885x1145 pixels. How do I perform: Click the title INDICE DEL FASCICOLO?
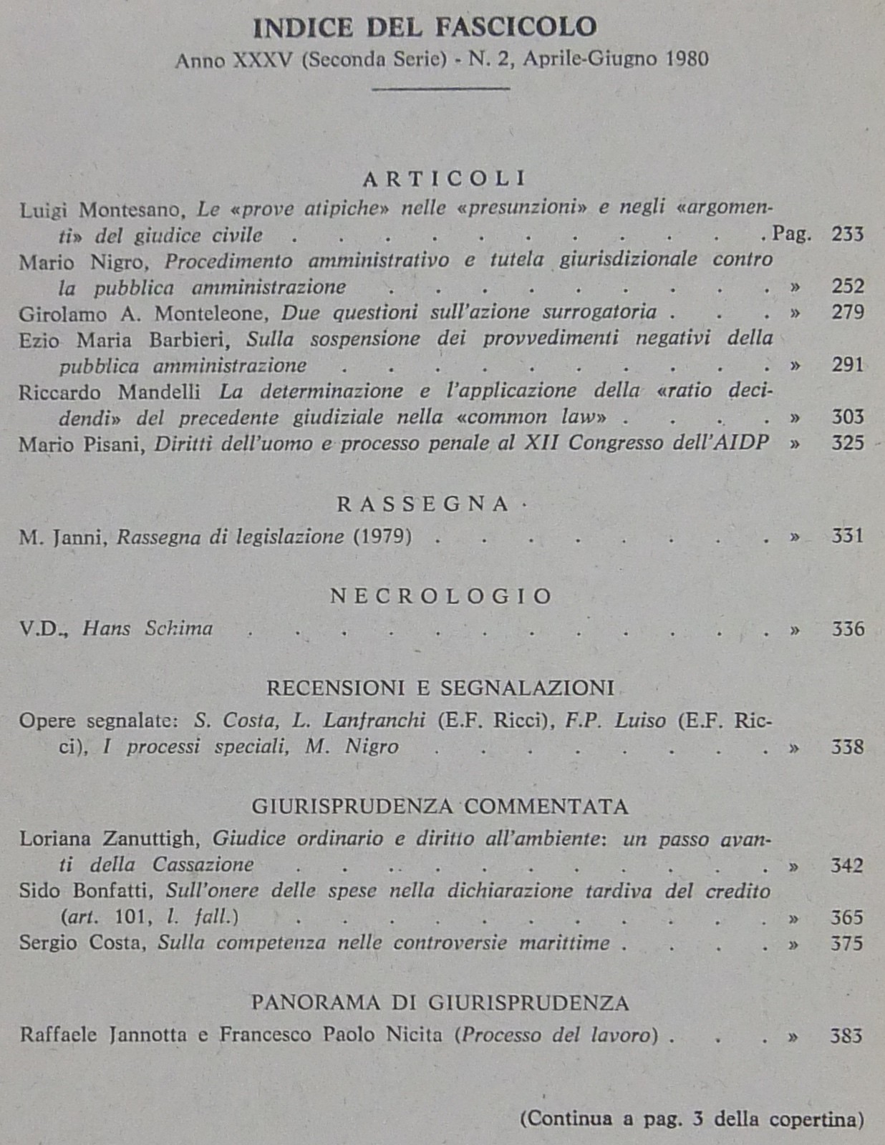[x=425, y=28]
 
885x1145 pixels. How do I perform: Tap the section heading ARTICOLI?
[x=445, y=177]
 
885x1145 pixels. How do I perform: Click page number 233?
[x=848, y=234]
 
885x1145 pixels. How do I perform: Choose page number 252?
[x=848, y=286]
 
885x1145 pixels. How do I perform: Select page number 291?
[x=848, y=365]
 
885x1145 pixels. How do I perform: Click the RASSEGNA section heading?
[x=423, y=504]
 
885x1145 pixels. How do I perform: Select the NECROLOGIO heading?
[x=441, y=596]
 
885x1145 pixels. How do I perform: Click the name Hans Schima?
[x=147, y=629]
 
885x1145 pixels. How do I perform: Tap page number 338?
[x=848, y=747]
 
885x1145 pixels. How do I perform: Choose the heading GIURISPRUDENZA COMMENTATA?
[x=440, y=807]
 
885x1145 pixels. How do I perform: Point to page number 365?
[x=848, y=917]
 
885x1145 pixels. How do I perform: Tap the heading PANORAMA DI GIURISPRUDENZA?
[x=440, y=1003]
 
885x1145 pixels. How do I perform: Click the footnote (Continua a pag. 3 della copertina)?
[x=692, y=1119]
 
